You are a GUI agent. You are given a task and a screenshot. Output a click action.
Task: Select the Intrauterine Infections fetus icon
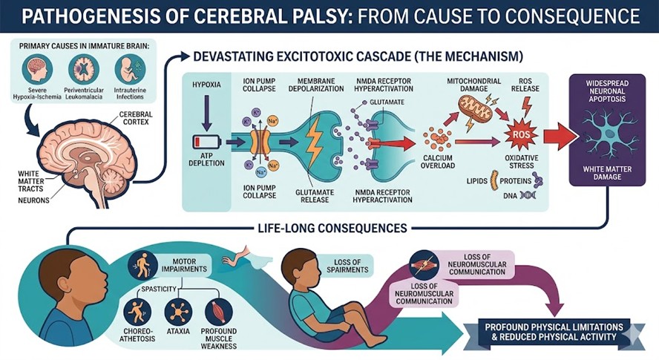pos(130,70)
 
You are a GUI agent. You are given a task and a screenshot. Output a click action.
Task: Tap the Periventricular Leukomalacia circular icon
pos(83,70)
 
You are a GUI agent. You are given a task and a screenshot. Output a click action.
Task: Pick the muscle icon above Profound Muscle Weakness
pos(218,310)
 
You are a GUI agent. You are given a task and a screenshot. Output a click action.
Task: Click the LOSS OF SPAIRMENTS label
pos(348,264)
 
